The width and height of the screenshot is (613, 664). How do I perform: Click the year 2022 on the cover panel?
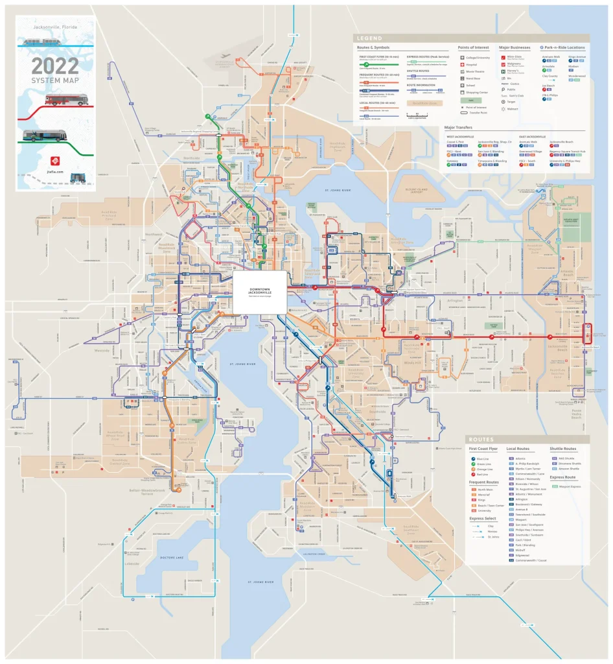(55, 65)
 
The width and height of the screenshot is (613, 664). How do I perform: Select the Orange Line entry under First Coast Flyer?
(485, 469)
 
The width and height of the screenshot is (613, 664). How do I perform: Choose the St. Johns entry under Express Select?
(493, 536)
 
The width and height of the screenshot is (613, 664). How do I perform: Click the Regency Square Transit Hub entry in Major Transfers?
(567, 150)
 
